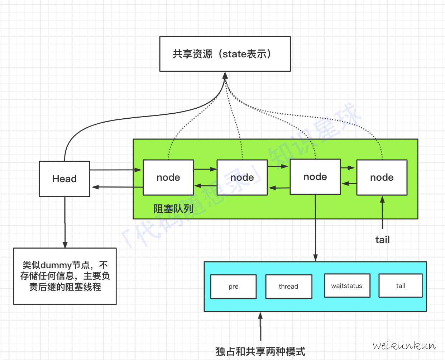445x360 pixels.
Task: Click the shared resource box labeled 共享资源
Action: (225, 54)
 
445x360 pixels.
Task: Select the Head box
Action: (64, 179)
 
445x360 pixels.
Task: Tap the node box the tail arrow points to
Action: (382, 177)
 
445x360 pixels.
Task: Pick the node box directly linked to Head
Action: (168, 177)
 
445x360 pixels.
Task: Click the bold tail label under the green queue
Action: (382, 240)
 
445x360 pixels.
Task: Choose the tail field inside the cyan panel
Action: (401, 286)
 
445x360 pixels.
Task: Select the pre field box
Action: (233, 286)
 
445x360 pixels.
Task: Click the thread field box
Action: (288, 286)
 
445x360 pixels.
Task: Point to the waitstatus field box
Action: (347, 286)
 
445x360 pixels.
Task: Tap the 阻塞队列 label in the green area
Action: (173, 209)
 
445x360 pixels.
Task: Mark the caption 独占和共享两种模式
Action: (260, 351)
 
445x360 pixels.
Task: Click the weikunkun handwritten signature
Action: (404, 346)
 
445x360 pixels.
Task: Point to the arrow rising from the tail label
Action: (382, 213)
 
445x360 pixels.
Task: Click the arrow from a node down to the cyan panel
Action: (315, 229)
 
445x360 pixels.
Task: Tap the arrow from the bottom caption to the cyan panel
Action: (260, 326)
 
